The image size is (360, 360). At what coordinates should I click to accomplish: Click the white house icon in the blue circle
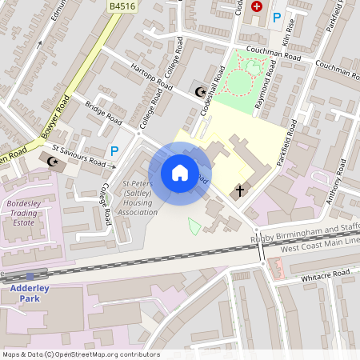pyautogui.click(x=180, y=173)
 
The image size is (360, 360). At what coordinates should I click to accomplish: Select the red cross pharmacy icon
pyautogui.click(x=257, y=6)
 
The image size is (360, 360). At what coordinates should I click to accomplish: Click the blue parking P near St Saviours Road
pyautogui.click(x=114, y=150)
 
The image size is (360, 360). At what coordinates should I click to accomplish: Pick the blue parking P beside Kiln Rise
pyautogui.click(x=277, y=17)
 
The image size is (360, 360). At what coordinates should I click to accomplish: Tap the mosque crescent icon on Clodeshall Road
pyautogui.click(x=199, y=92)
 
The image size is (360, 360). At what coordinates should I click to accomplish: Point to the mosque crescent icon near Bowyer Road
pyautogui.click(x=54, y=162)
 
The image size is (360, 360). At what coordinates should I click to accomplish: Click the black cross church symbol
pyautogui.click(x=238, y=192)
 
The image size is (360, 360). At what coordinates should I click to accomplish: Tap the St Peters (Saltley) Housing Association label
pyautogui.click(x=137, y=198)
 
